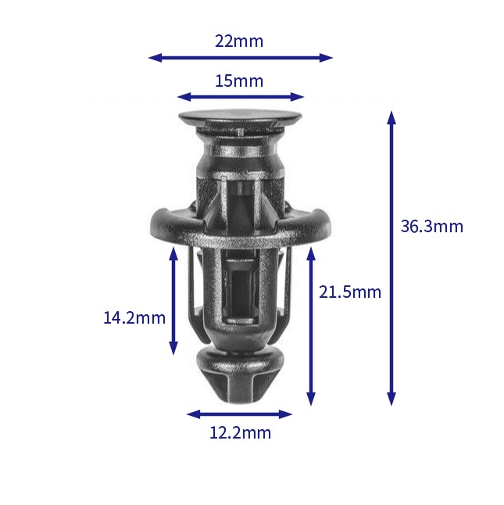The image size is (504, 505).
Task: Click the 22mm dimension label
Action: point(239,41)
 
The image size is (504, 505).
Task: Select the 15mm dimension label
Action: point(239,81)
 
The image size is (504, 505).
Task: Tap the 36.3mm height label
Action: point(431,226)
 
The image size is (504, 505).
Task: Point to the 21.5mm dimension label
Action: point(350,292)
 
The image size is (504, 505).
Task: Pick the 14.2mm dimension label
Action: point(134,318)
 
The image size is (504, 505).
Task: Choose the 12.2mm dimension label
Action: point(240,432)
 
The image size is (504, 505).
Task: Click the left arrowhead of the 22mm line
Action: point(155,58)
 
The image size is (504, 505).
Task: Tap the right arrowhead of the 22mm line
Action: point(326,58)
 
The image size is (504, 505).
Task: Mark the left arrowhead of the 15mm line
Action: point(184,97)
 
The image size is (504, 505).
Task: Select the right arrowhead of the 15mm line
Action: point(297,97)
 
